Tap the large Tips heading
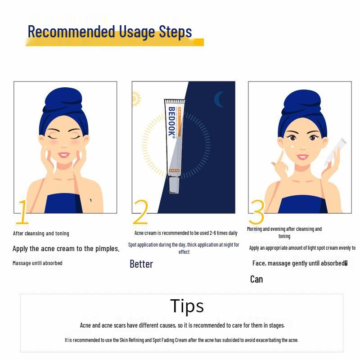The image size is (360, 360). tap(187, 306)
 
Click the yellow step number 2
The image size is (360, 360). tap(141, 212)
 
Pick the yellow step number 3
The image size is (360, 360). tap(256, 212)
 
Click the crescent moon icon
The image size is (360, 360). tap(219, 99)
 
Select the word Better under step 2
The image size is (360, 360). tap(141, 264)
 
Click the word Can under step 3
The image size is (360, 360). tap(256, 279)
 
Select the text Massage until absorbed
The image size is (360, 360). tap(37, 263)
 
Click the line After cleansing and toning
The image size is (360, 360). tap(41, 234)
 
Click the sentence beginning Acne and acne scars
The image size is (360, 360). tap(185, 325)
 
